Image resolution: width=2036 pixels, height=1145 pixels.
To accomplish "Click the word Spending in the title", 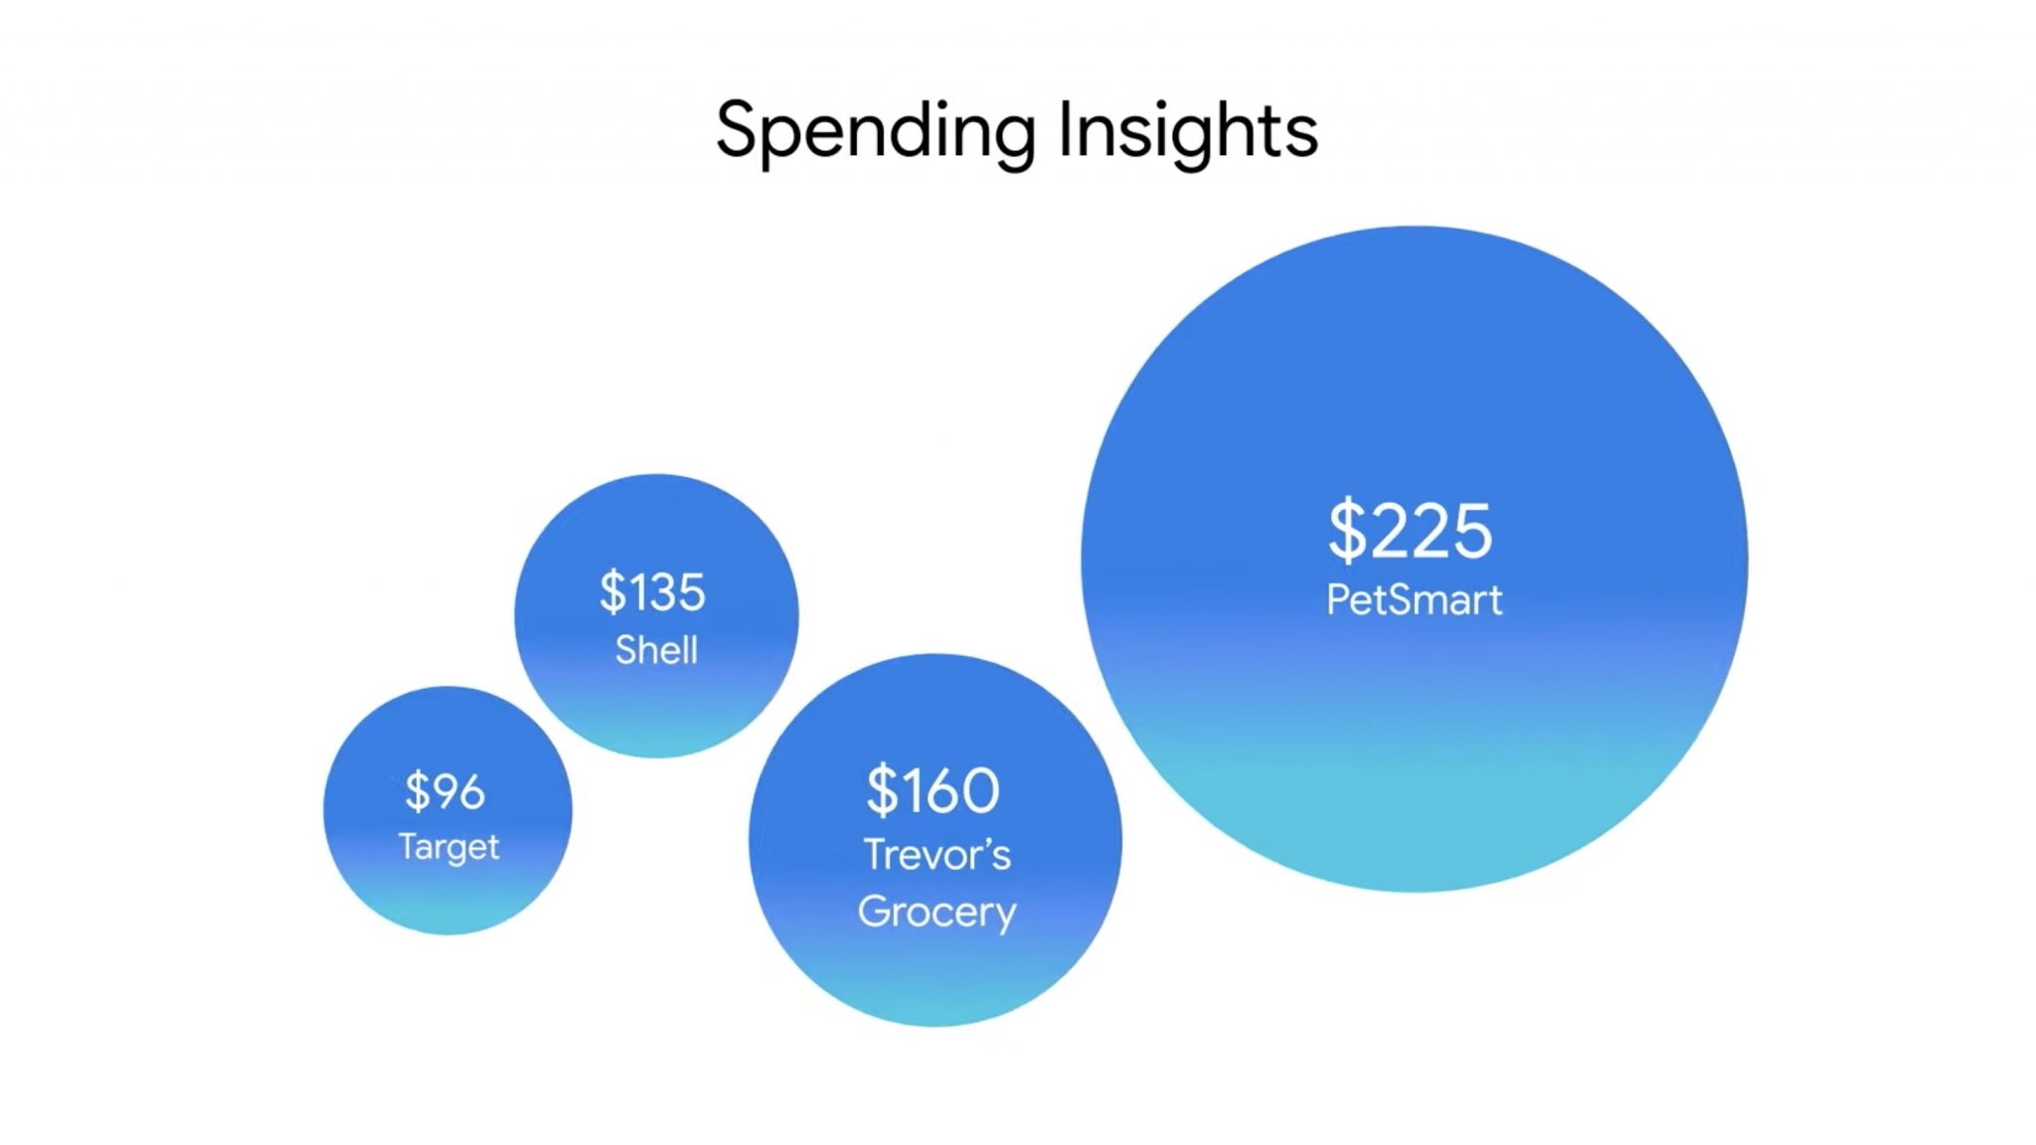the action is pos(876,132).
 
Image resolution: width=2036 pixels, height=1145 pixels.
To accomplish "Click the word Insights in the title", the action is pos(1188,132).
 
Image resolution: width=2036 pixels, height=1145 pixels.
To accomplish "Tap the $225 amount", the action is pos(1411,530).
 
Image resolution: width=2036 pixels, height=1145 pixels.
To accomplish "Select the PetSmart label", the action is pos(1415,599).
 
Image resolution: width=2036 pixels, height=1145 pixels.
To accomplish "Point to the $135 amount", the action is pos(652,591).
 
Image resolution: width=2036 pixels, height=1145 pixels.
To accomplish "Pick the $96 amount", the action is pos(445,791).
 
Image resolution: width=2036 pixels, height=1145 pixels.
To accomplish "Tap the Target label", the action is pos(448,847).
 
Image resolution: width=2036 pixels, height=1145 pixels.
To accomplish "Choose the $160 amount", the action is pos(933,790).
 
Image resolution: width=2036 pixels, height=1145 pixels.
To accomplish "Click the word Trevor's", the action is pos(936,855).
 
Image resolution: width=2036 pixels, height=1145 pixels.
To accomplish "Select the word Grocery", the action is pos(937,912).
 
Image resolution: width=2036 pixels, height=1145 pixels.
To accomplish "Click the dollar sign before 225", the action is pos(1347,530).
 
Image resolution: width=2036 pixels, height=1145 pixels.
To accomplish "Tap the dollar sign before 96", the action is pos(417,791).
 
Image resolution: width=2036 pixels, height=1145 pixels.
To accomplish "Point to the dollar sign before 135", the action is pos(612,591).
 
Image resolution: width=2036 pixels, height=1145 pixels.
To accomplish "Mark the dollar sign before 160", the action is pos(882,790).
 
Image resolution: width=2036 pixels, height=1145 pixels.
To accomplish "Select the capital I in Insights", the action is pos(1065,129).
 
